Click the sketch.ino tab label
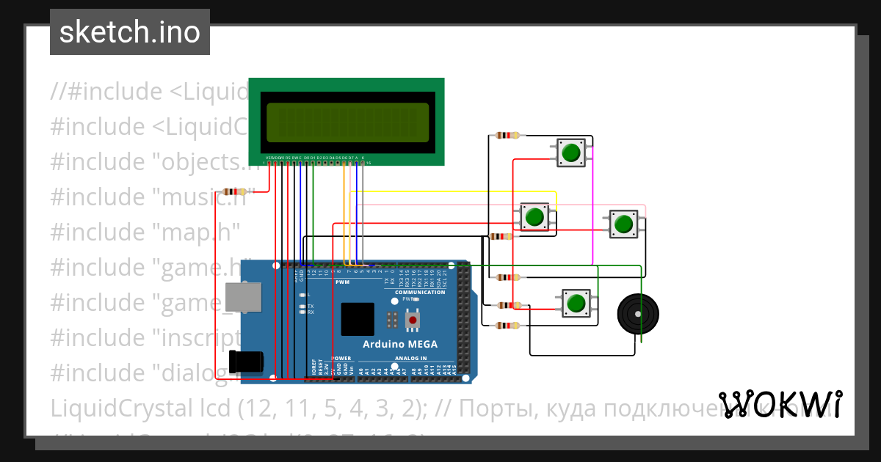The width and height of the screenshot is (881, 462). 129,32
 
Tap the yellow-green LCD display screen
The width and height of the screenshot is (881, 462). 347,122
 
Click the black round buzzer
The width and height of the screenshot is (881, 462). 638,314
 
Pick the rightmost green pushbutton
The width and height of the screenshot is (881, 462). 623,223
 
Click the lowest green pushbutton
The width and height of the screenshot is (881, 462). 576,303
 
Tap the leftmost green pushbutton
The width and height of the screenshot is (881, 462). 534,216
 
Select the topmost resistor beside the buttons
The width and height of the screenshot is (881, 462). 507,135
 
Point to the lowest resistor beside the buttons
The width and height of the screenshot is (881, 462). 507,325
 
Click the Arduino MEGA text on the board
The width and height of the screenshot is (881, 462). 400,344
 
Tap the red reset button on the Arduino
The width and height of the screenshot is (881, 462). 413,320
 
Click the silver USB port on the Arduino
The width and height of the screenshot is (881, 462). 243,297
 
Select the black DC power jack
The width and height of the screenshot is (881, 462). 247,362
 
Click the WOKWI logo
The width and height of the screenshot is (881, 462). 780,405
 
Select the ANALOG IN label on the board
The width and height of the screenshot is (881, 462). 411,359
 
